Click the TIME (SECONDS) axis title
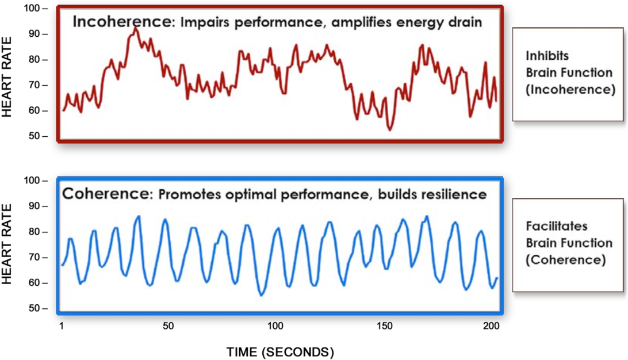279,350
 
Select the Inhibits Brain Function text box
568,74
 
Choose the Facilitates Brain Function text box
568,243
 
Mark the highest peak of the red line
135,28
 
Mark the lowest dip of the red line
389,130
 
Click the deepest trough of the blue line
262,295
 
